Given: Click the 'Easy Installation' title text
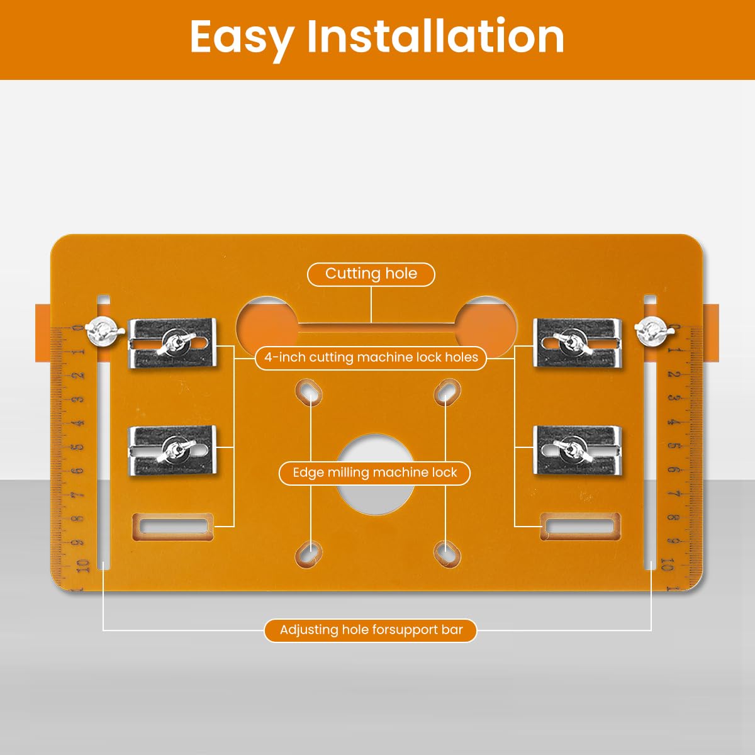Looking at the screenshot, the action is [377, 38].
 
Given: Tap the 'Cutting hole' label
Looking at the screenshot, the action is [371, 274].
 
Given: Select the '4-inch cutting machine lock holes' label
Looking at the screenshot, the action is [371, 357].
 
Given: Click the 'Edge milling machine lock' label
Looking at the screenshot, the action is [374, 473].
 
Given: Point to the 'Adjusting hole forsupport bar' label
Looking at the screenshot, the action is [371, 630].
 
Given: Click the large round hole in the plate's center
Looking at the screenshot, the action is [376, 474].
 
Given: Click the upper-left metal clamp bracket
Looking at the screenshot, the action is [172, 343].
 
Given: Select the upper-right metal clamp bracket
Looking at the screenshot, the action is [578, 343].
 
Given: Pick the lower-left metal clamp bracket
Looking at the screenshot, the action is [172, 450].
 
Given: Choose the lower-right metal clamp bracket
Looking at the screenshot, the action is [578, 450].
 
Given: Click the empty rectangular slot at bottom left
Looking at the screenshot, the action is [173, 527].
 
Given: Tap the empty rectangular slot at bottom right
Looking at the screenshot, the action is [581, 527].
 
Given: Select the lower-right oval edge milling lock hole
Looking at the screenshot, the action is [447, 554].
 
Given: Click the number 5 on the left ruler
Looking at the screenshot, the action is [79, 447].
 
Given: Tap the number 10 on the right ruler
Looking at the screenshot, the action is [668, 564].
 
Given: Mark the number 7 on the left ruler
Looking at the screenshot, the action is [79, 495].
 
